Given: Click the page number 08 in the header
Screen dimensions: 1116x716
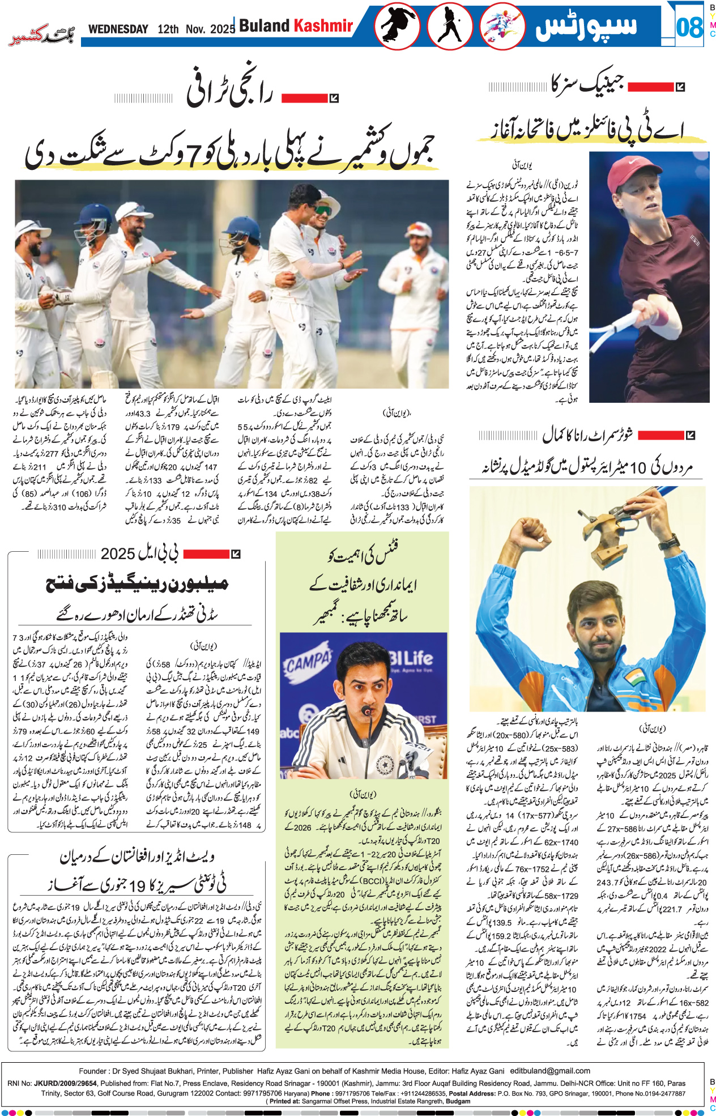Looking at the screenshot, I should click(x=689, y=27).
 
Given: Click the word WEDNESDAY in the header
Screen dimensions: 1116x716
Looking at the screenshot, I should click(x=118, y=29).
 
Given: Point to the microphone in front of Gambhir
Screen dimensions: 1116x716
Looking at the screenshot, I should click(x=368, y=711).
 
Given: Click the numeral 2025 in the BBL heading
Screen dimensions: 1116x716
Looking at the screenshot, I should click(x=118, y=553).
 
